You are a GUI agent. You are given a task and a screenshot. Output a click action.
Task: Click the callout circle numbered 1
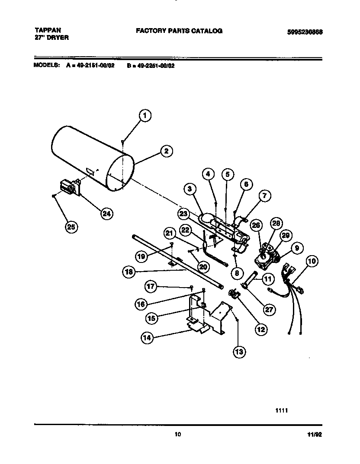[x=145, y=115]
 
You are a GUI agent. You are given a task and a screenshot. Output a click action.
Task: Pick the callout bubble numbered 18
[x=129, y=272]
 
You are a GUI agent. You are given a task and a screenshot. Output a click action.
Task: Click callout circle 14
[x=148, y=339]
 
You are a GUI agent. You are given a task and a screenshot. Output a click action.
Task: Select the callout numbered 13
[x=239, y=352]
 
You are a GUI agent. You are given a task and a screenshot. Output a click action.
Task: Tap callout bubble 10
[x=312, y=261]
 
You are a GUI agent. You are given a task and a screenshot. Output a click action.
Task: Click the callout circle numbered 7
[x=265, y=196]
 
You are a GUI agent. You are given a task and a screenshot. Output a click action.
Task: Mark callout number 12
[x=261, y=330]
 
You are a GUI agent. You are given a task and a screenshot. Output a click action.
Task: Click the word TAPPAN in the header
[x=48, y=30]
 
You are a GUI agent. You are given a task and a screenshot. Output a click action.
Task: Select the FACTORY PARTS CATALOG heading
[x=179, y=31]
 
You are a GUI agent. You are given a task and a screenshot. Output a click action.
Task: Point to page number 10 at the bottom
[x=177, y=435]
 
